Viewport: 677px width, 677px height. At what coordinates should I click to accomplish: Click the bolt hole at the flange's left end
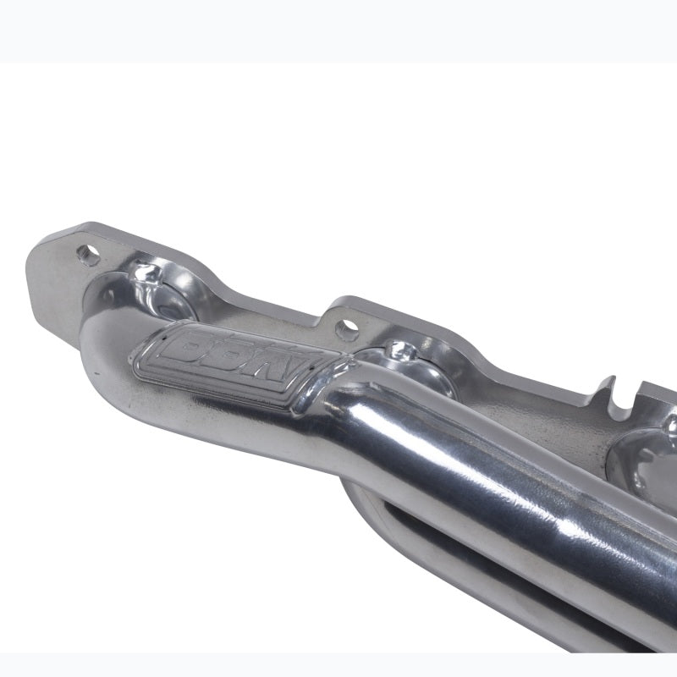(85, 251)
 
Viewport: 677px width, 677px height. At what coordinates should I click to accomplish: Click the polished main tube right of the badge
(474, 457)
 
